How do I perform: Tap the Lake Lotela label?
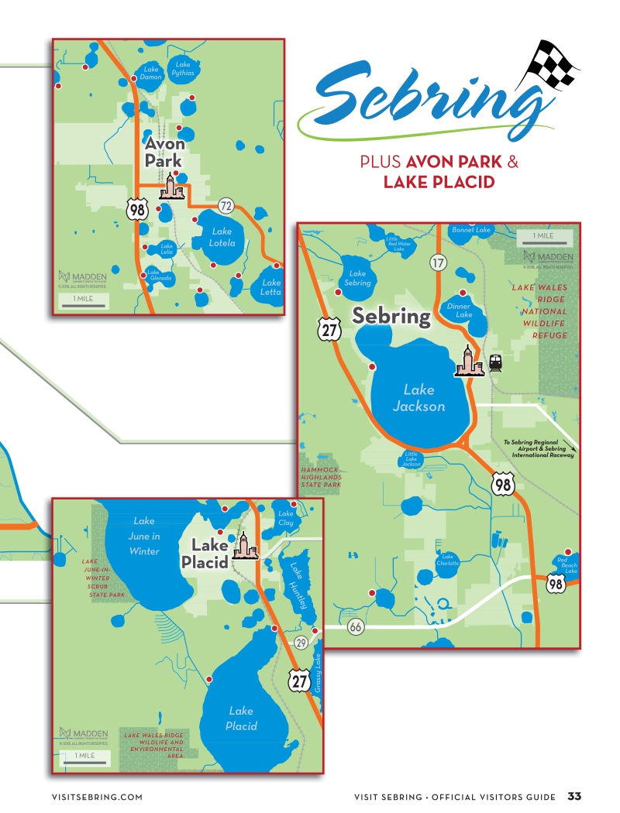point(222,237)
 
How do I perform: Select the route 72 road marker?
point(226,206)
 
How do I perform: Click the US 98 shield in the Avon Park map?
point(136,207)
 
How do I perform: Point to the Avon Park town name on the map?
point(164,152)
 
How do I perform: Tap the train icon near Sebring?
point(494,363)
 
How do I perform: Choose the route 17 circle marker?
point(439,262)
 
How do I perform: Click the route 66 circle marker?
point(356,626)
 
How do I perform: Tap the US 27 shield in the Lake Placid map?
point(300,681)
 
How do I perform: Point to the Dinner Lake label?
point(459,310)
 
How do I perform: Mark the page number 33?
point(574,796)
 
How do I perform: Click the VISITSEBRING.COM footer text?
point(97,797)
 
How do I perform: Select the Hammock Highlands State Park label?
point(321,477)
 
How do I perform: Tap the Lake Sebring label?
point(357,278)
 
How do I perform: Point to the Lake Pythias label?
point(183,68)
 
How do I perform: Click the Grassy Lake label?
point(318,673)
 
